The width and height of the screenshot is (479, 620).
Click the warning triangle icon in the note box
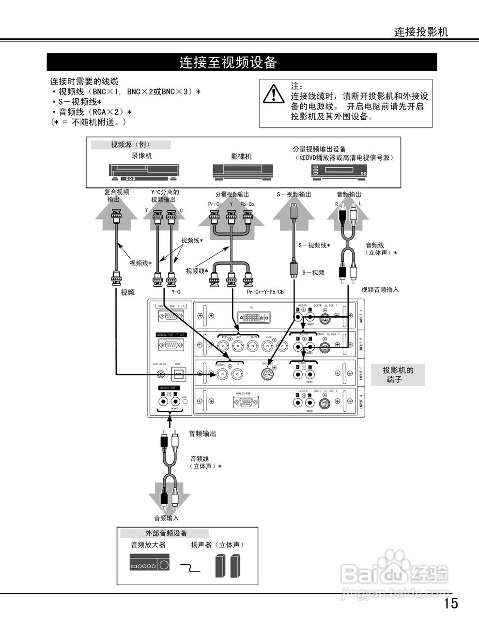274,93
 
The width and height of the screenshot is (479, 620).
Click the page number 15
450,603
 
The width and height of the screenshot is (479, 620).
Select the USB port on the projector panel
178,374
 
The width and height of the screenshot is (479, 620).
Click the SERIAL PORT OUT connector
171,345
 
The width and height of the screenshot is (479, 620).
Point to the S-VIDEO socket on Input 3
268,373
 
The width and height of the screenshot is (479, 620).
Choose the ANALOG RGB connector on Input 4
246,402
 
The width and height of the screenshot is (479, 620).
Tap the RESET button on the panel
184,402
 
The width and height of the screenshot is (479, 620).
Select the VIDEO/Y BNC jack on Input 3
222,373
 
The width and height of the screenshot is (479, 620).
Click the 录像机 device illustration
143,172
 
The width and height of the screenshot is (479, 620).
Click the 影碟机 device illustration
242,171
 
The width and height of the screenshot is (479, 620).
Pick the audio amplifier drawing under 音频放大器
150,563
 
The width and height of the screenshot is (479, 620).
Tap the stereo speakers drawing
228,565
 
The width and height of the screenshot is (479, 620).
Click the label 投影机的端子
398,375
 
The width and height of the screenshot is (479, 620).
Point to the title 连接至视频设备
228,62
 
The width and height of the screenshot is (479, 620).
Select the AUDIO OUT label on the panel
168,388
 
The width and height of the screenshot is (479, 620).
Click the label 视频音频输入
380,290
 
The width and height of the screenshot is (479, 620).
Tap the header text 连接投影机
421,32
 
